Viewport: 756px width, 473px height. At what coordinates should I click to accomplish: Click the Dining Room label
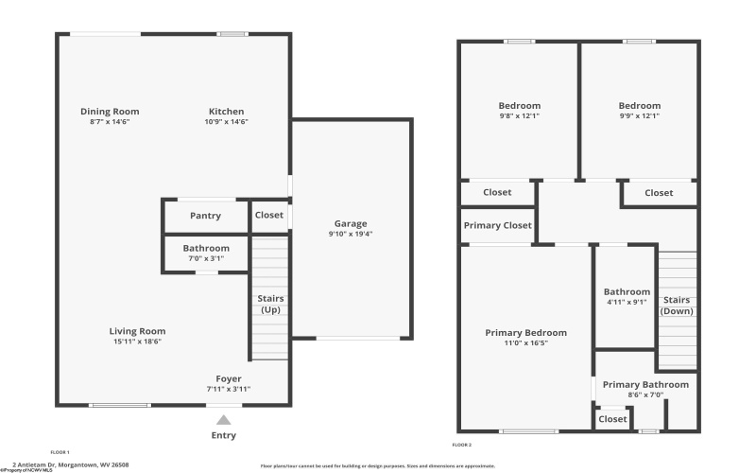tap(110, 112)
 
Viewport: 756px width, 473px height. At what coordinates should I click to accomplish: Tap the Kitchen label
tap(226, 112)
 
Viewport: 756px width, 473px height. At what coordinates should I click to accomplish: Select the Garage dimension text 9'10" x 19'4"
tap(350, 234)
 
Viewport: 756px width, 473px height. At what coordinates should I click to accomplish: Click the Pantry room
tap(205, 216)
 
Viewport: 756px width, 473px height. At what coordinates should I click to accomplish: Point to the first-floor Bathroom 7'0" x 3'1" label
tap(206, 248)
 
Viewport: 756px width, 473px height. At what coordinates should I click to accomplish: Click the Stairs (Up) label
tap(271, 305)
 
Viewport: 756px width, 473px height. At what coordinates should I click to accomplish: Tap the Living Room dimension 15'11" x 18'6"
tap(139, 342)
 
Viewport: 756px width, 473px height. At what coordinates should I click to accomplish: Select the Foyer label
tap(229, 378)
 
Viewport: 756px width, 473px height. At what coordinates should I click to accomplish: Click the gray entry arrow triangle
tap(223, 420)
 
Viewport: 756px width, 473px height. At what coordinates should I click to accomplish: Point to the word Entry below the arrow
tap(224, 436)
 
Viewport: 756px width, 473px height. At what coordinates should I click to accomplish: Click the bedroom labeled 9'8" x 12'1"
tap(519, 106)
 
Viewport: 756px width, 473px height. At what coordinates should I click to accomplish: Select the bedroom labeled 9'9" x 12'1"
tap(640, 106)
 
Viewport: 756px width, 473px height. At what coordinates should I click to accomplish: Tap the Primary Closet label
tap(497, 225)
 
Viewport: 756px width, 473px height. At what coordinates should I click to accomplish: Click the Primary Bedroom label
tap(525, 333)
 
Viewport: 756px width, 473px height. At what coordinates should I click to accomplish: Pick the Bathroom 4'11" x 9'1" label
tap(627, 292)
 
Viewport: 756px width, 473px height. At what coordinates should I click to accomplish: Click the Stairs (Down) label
tap(677, 305)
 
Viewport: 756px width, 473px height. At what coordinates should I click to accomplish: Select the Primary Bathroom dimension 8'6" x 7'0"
tap(646, 395)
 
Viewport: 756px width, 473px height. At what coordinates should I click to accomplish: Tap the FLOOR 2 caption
tap(462, 445)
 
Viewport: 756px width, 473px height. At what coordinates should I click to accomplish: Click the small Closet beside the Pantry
tap(268, 215)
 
